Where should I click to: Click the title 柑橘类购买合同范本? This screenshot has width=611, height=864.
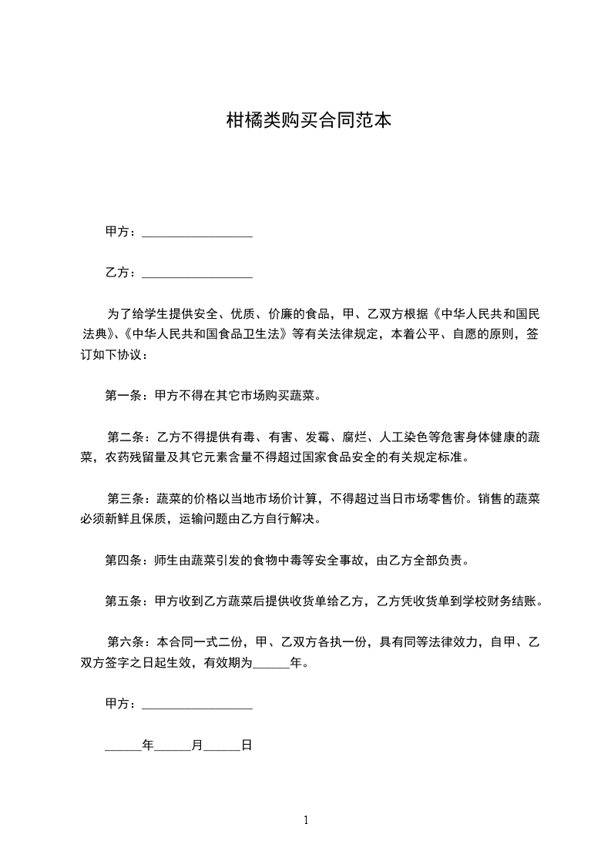pos(305,120)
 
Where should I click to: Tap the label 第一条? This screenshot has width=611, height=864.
pos(120,397)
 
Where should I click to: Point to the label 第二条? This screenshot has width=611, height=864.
pos(123,437)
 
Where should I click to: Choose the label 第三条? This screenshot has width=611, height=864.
pos(123,499)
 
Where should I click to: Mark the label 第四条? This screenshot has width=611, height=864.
pos(120,560)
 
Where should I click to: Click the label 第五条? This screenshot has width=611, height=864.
pos(120,601)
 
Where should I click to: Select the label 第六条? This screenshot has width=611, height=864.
pos(123,641)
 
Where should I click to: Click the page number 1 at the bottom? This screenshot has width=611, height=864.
pos(306,820)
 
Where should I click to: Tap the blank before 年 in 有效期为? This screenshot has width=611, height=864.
pos(270,664)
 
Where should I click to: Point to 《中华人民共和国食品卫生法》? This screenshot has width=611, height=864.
pos(204,335)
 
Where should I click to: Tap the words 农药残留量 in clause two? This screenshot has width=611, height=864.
pos(142,457)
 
